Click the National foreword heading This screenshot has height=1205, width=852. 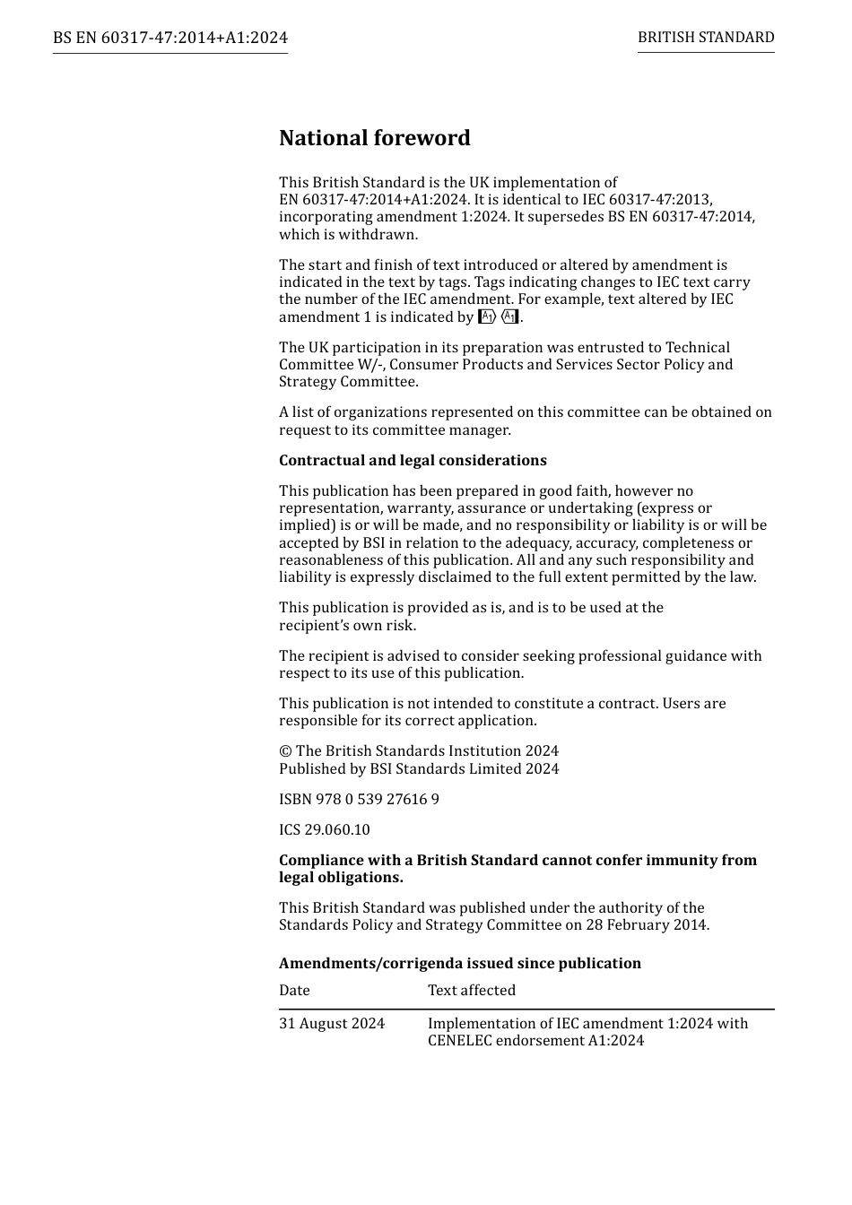click(374, 138)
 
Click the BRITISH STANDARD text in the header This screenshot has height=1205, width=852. click(706, 38)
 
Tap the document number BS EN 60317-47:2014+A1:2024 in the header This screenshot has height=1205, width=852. click(170, 38)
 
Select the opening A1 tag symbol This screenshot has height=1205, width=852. click(487, 316)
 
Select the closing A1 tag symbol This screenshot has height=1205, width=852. click(510, 316)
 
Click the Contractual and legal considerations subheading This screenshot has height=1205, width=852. click(413, 460)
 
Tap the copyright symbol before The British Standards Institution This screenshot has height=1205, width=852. click(285, 751)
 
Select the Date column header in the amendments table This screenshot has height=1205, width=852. click(294, 990)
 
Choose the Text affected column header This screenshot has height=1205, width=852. click(472, 990)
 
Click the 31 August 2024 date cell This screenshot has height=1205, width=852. click(332, 1023)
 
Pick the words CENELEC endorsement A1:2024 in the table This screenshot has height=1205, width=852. click(535, 1041)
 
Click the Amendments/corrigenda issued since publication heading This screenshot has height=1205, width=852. click(460, 963)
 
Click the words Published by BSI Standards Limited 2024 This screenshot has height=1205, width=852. click(419, 768)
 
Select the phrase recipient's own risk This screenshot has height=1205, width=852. click(347, 625)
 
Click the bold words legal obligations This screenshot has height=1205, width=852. click(341, 877)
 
